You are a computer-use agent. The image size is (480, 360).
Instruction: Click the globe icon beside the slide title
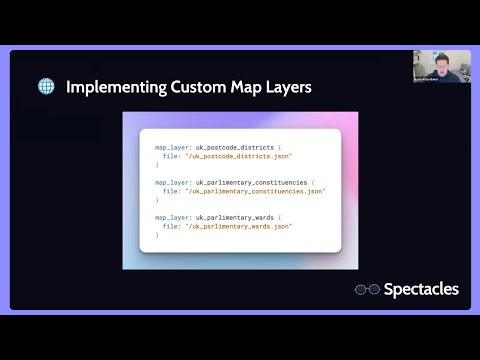coord(46,87)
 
